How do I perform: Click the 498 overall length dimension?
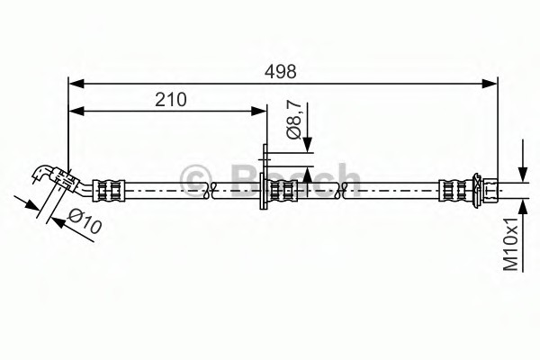coord(280,72)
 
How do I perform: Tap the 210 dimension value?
coord(170,100)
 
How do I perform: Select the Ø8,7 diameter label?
coord(294,119)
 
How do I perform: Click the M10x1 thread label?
coord(511,244)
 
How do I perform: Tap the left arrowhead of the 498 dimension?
coord(76,84)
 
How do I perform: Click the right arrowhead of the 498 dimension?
coord(490,84)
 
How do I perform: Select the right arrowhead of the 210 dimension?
coord(258,111)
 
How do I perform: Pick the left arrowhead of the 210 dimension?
coord(76,111)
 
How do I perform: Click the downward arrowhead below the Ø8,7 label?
coord(308,144)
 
